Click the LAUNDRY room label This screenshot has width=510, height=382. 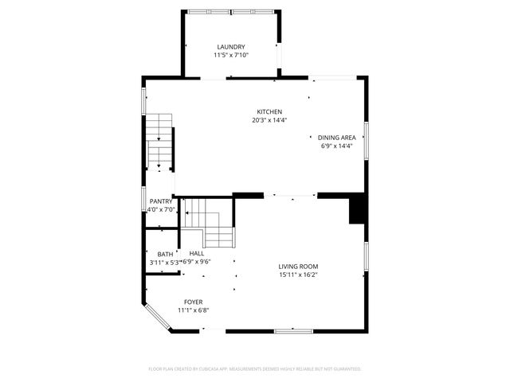tap(231, 47)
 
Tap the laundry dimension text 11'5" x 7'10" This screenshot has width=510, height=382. tap(231, 55)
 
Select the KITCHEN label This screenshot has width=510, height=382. tap(269, 111)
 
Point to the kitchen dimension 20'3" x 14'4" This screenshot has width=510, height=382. tap(269, 120)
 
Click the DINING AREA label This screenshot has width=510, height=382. tap(336, 138)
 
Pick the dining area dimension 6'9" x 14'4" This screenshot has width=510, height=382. tap(336, 146)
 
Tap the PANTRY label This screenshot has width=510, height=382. tap(161, 201)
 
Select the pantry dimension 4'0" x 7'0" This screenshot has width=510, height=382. tap(161, 209)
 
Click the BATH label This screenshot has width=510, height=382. tap(165, 254)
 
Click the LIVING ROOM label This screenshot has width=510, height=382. tap(298, 267)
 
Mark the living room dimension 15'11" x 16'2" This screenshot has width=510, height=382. tap(298, 275)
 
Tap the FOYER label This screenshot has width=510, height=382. tap(193, 302)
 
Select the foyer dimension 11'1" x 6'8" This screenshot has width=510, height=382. tap(193, 310)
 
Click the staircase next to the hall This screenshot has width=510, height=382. tap(209, 223)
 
